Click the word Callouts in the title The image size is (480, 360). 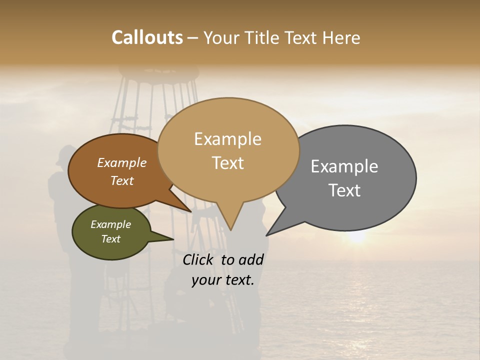coord(147,37)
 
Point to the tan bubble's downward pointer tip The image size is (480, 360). coord(230,229)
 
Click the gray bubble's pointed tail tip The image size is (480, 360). coord(267,235)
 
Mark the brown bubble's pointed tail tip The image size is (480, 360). coord(190,211)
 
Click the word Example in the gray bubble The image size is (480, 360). coord(344,166)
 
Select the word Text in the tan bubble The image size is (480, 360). coord(227,163)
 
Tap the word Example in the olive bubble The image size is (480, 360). coord(110,224)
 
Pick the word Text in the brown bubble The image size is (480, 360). coord(122,180)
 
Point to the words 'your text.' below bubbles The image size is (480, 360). coord(222,280)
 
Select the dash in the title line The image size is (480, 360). coord(192,38)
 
